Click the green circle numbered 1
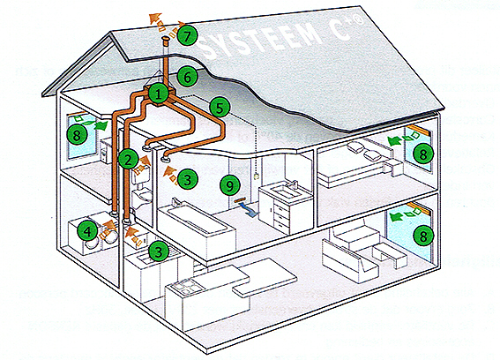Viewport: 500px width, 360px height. tap(159, 94)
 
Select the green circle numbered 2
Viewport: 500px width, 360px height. tap(128, 159)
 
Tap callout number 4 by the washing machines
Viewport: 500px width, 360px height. tap(87, 231)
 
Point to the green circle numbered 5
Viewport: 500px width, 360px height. tap(220, 108)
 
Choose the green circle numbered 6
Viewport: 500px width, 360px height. tap(187, 77)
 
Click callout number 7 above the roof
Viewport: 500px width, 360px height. tap(187, 36)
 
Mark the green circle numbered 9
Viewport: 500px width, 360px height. tap(230, 184)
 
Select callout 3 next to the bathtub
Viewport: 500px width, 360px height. tap(188, 179)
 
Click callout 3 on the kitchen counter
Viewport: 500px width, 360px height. tap(159, 251)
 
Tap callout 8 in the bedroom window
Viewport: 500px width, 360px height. tap(423, 154)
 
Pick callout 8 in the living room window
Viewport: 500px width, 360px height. tap(423, 236)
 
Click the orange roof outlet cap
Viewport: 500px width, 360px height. tap(166, 40)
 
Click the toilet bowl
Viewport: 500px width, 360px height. tap(146, 195)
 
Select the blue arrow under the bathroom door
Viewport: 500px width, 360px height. tap(250, 211)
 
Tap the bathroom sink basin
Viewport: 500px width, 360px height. tap(287, 191)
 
